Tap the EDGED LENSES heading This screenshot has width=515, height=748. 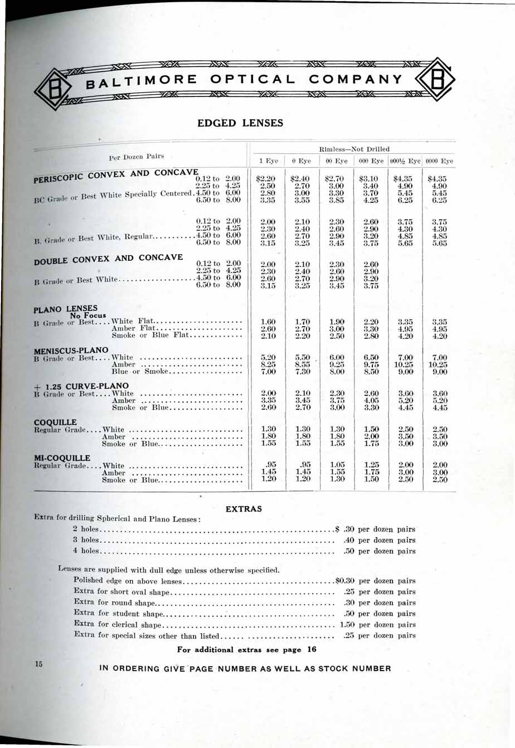[x=240, y=123]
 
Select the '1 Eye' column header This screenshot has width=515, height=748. [x=269, y=161]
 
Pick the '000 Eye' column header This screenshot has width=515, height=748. [x=371, y=161]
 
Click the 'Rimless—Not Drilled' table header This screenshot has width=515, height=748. [x=353, y=149]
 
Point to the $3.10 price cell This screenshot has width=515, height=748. [x=371, y=179]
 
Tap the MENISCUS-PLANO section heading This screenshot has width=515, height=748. [x=71, y=350]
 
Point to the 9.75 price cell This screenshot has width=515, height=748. [x=371, y=365]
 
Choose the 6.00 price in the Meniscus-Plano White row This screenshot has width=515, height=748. [x=337, y=357]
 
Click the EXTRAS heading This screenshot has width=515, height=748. [x=244, y=509]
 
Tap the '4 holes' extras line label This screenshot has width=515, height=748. [x=86, y=551]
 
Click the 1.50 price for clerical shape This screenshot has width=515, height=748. [x=347, y=624]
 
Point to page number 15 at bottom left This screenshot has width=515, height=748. [x=38, y=664]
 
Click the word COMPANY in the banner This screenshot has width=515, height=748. [x=355, y=79]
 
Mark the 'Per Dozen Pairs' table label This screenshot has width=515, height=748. [x=137, y=157]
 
